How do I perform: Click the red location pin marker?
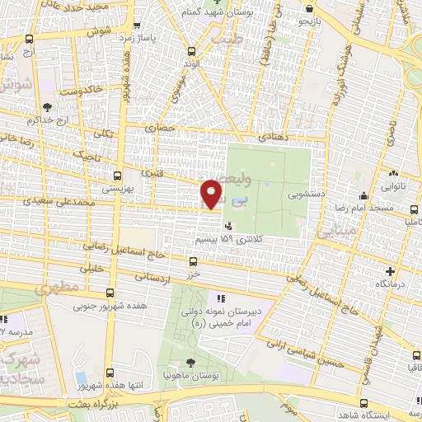tap(212, 193)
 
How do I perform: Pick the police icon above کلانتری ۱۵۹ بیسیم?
tap(227, 225)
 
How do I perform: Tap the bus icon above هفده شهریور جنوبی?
tap(110, 293)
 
